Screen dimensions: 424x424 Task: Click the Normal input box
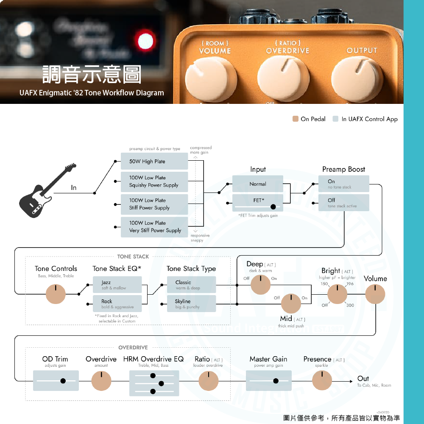tap(258, 184)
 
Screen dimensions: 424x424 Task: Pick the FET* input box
tap(258, 203)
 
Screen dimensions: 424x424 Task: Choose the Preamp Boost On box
tap(344, 184)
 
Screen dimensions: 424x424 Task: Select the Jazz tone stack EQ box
tap(117, 285)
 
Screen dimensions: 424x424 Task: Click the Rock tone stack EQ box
tap(117, 304)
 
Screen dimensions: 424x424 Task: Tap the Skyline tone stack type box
tap(191, 304)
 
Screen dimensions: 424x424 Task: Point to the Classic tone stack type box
tap(191, 285)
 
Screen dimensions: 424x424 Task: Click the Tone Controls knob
tap(56, 294)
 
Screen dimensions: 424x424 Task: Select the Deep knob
tap(260, 285)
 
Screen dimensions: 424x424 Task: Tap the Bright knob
tap(337, 294)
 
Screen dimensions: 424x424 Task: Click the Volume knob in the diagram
tap(375, 294)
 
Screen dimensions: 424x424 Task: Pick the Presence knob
tap(322, 380)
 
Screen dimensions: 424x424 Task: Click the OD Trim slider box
tap(56, 380)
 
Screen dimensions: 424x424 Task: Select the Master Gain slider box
tap(268, 380)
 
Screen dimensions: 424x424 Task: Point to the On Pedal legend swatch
tap(296, 119)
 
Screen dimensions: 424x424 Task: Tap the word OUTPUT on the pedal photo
tap(362, 50)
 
